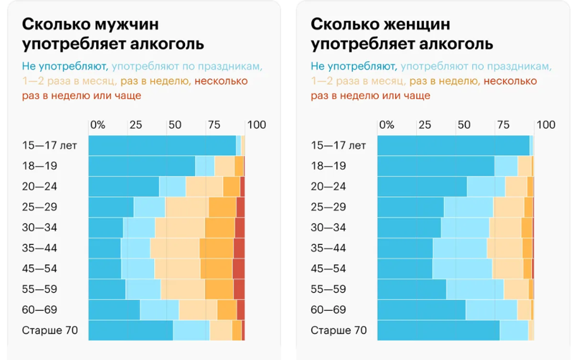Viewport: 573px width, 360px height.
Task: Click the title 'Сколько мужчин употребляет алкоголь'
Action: coord(113,35)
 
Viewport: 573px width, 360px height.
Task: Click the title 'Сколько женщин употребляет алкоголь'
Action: coord(402,35)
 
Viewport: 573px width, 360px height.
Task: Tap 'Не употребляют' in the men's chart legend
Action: coord(64,66)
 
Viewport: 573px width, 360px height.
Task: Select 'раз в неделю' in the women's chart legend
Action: coord(443,81)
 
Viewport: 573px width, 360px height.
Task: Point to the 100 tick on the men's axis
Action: coord(257,124)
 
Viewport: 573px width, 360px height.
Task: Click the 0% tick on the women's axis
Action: coord(387,124)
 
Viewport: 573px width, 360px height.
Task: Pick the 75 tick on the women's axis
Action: coord(503,124)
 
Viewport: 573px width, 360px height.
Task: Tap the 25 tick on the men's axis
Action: coord(136,124)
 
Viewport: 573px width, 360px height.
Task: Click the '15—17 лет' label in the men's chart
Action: coord(49,145)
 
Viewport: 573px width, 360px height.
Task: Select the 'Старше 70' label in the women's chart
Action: coord(339,330)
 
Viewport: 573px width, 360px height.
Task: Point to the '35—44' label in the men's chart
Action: coord(40,248)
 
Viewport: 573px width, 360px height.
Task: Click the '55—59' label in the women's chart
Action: coord(329,289)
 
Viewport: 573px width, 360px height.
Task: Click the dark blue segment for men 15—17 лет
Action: coord(162,145)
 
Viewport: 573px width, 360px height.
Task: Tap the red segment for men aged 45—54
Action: coord(238,269)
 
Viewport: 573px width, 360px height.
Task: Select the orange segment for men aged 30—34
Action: coord(220,228)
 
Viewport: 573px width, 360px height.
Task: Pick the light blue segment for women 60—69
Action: coord(492,310)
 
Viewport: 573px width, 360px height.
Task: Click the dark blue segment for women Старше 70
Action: coord(438,330)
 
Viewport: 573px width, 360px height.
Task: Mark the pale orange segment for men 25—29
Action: coord(186,207)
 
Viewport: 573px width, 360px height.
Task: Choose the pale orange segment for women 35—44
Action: coord(504,248)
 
